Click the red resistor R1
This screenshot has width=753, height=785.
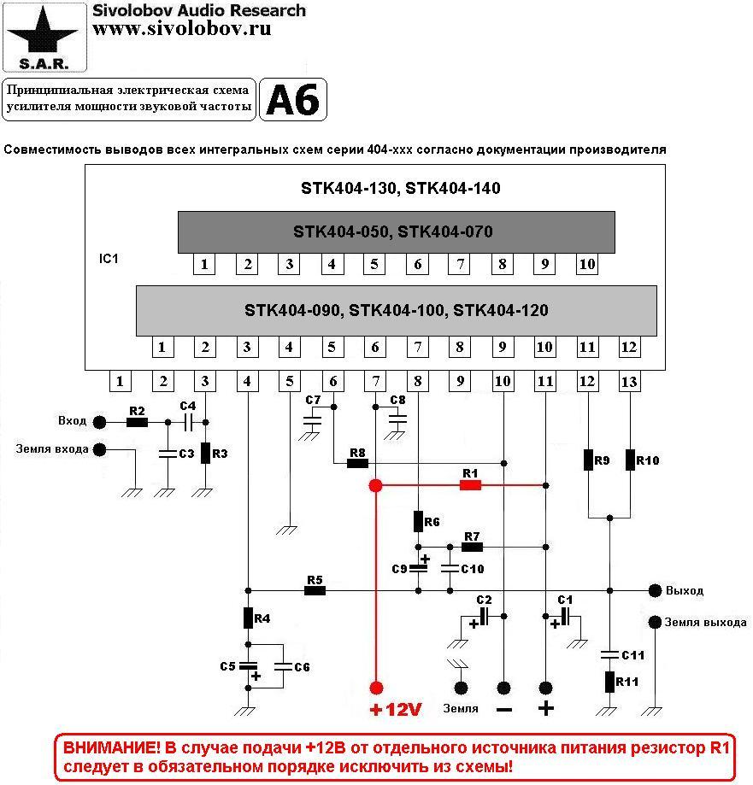(x=470, y=485)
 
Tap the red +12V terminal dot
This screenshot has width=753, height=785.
(x=375, y=688)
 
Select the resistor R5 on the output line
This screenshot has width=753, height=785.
(x=315, y=590)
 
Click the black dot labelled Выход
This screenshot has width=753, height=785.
(x=655, y=590)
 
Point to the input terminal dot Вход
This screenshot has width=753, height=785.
(x=100, y=422)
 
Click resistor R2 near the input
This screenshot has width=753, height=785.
(x=137, y=422)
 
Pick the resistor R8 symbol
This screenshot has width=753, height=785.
(x=357, y=464)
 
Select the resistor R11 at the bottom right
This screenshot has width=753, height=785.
(x=609, y=682)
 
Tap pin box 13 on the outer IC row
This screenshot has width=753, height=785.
(x=629, y=382)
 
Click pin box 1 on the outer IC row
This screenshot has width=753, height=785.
(x=121, y=382)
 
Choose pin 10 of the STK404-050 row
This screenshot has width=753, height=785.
(x=586, y=264)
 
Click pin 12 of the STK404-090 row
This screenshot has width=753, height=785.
(x=629, y=347)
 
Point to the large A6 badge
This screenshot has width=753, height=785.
(x=292, y=101)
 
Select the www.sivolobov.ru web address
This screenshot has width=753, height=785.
(x=182, y=29)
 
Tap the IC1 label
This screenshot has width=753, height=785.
(x=109, y=257)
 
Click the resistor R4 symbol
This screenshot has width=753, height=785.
(x=248, y=617)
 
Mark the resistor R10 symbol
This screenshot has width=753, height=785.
(x=630, y=460)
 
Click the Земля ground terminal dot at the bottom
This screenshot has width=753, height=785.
(x=462, y=688)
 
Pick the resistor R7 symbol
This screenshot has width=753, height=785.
(x=472, y=547)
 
